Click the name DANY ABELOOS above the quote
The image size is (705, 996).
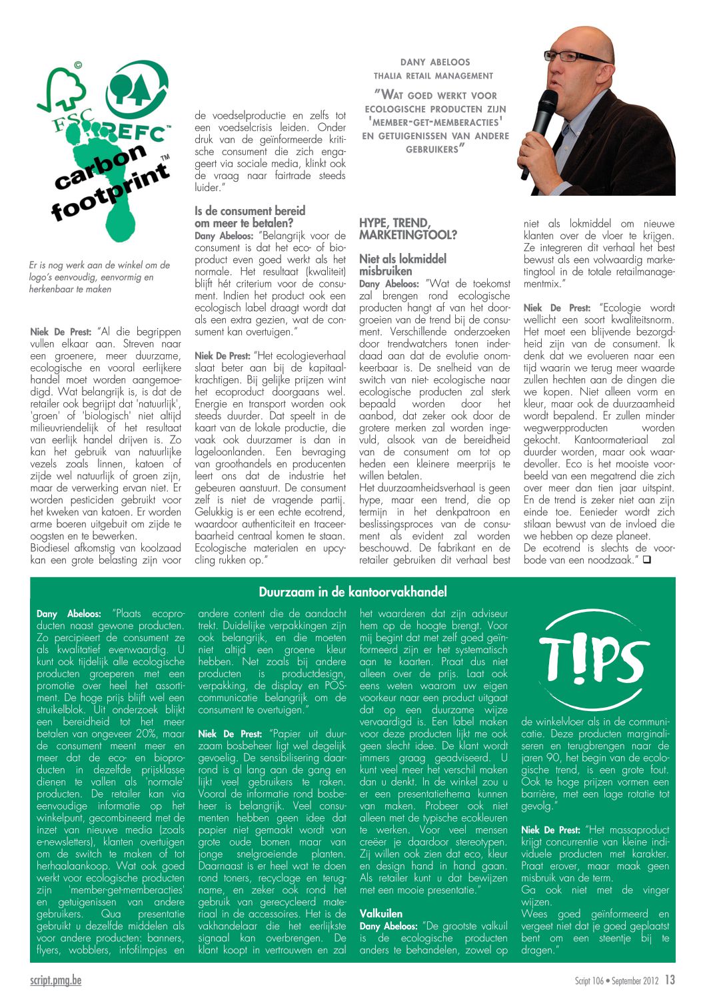tap(434, 62)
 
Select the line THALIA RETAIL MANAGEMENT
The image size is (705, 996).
tap(433, 76)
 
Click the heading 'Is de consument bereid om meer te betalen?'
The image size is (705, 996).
tap(250, 217)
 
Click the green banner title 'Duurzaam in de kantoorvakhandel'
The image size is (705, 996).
tap(352, 592)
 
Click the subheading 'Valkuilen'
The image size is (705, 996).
tap(381, 913)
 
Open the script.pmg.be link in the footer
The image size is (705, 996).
tap(56, 980)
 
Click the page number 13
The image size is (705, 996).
tap(670, 980)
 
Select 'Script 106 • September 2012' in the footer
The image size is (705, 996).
tap(616, 981)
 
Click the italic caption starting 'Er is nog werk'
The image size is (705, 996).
tap(99, 277)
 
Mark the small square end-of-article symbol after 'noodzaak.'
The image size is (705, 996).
tap(646, 560)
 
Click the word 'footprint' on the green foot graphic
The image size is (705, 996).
tap(110, 194)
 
